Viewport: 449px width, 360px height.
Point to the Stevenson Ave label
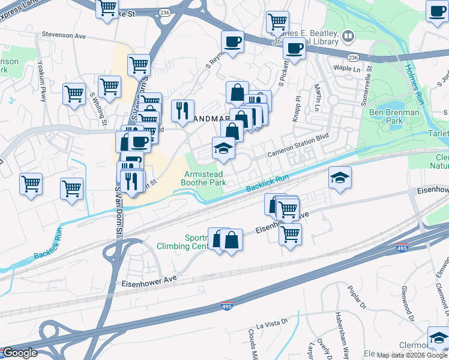pyautogui.click(x=64, y=36)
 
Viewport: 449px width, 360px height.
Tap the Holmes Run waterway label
pyautogui.click(x=415, y=85)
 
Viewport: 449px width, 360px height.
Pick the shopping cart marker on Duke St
pyautogui.click(x=107, y=8)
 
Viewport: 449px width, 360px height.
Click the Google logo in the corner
pyautogui.click(x=20, y=353)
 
